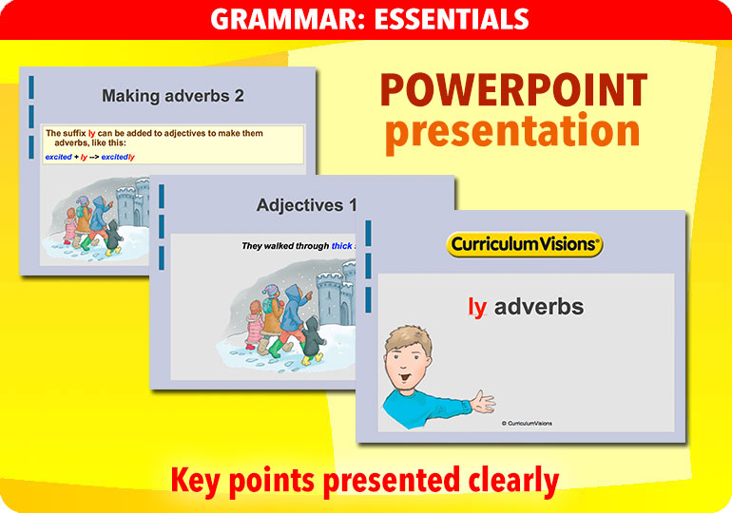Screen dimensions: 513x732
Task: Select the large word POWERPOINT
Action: pos(512,90)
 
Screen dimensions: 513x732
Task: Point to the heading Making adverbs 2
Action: pos(173,95)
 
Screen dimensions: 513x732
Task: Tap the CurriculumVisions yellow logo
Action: pos(525,244)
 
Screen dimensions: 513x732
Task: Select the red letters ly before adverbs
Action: pos(477,307)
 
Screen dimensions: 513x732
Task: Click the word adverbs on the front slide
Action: pos(539,307)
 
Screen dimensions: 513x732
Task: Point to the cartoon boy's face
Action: pos(409,359)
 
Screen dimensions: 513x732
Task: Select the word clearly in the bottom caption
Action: pos(510,482)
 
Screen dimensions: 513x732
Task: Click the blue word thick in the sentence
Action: pos(342,246)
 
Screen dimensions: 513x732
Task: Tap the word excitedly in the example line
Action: pos(119,157)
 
